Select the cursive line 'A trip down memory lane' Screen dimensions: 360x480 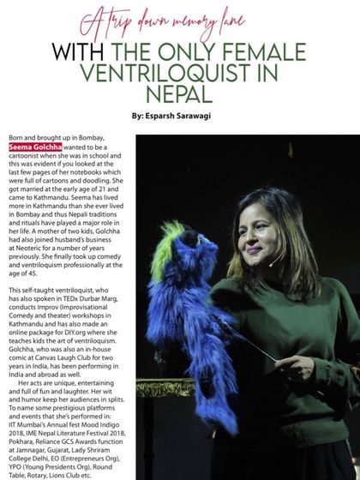[179, 22]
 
